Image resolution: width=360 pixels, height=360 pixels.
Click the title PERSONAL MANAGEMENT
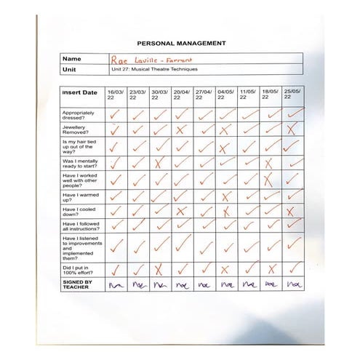[180, 44]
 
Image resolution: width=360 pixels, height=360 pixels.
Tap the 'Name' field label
[71, 58]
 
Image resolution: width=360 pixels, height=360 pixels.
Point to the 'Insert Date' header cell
[80, 93]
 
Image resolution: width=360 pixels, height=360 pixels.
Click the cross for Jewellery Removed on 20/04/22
[182, 130]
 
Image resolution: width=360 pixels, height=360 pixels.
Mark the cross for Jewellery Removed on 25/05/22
[292, 130]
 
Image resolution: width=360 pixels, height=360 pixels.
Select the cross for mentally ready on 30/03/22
[160, 163]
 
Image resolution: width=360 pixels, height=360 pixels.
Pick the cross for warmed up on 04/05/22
[226, 196]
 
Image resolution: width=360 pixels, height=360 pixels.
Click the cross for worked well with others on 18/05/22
[270, 179]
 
